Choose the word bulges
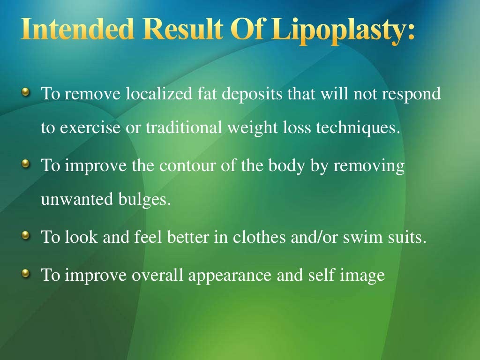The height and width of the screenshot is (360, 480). pyautogui.click(x=142, y=201)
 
